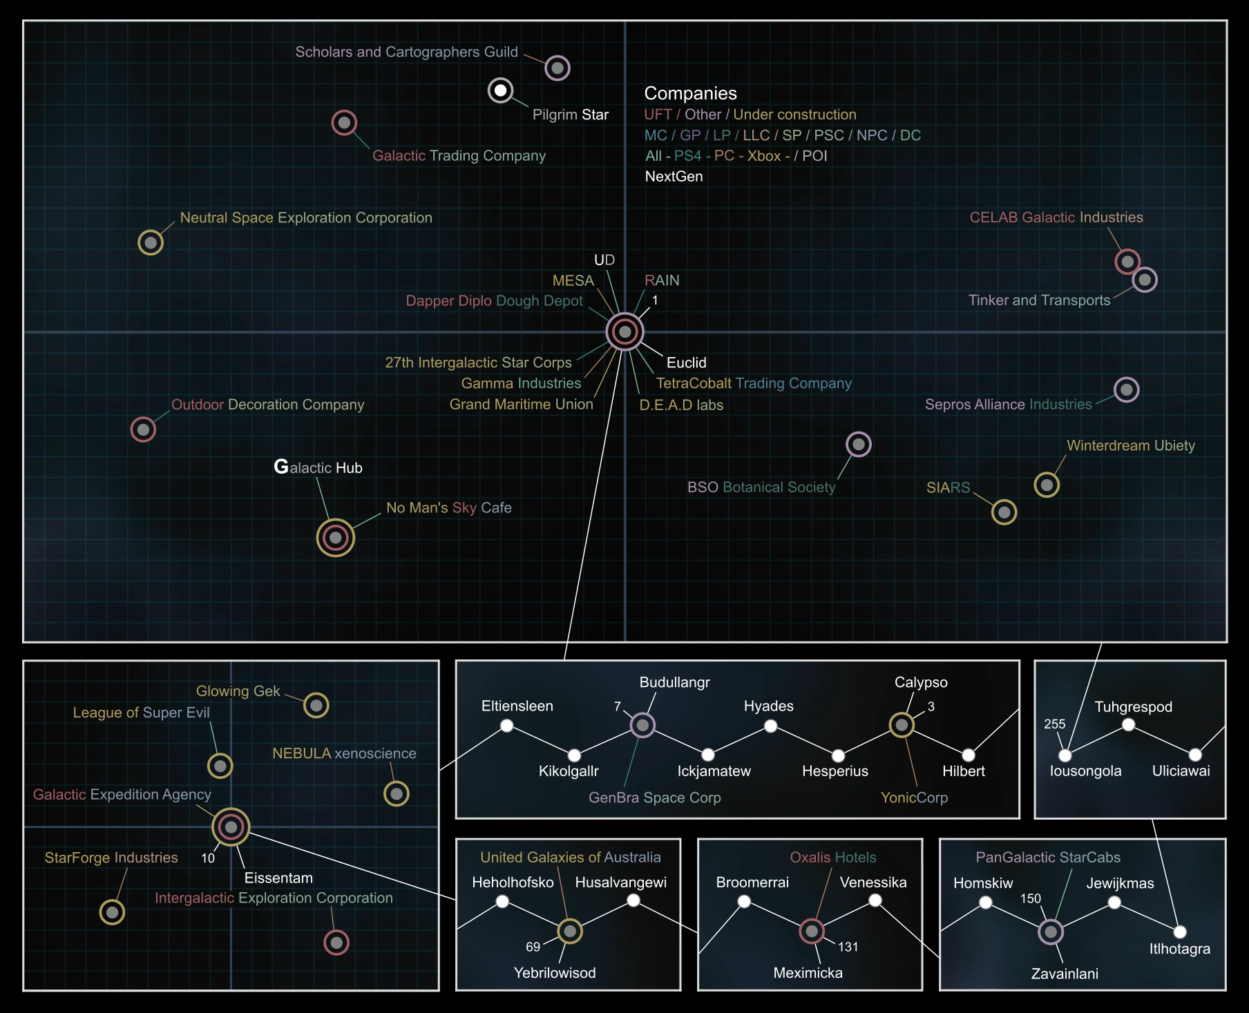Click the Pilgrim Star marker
[x=500, y=90]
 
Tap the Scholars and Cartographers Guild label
[x=406, y=52]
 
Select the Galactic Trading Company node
[x=344, y=123]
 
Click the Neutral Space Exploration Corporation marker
[x=151, y=242]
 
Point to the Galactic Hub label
[x=318, y=467]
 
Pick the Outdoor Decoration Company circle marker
[x=143, y=430]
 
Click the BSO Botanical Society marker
[x=858, y=444]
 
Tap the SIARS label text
[x=948, y=488]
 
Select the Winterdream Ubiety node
[x=1047, y=485]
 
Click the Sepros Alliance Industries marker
[x=1126, y=390]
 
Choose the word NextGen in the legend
[x=674, y=176]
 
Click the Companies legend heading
[x=690, y=93]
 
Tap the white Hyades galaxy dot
[x=771, y=726]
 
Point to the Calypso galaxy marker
[x=902, y=724]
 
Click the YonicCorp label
[x=914, y=798]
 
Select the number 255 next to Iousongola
[x=1054, y=724]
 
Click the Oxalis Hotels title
[x=832, y=857]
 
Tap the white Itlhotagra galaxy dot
[x=1180, y=932]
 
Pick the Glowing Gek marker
[x=316, y=705]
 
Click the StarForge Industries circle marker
[x=112, y=912]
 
